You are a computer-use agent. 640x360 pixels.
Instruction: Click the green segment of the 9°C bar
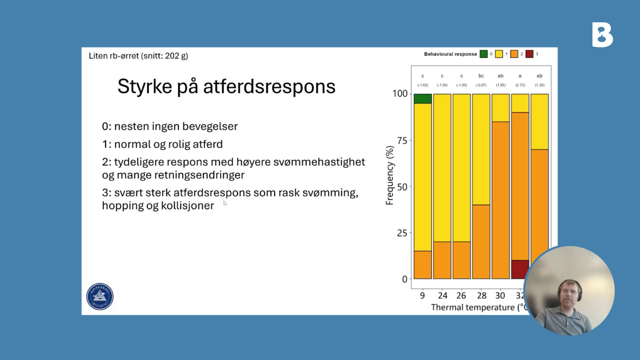pyautogui.click(x=423, y=99)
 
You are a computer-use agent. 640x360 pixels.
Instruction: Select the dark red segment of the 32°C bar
pyautogui.click(x=520, y=269)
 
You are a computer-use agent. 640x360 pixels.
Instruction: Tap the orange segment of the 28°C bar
pyautogui.click(x=481, y=242)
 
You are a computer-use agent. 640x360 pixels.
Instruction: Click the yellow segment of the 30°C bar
pyautogui.click(x=501, y=108)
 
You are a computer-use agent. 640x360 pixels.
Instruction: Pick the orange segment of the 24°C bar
pyautogui.click(x=442, y=260)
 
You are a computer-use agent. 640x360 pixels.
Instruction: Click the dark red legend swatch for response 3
pyautogui.click(x=529, y=54)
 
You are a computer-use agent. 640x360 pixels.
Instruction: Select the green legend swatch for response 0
pyautogui.click(x=483, y=54)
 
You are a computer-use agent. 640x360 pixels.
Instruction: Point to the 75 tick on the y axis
pyautogui.click(x=402, y=141)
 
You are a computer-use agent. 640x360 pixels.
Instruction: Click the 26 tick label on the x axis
pyautogui.click(x=461, y=296)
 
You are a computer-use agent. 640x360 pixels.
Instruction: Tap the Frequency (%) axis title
pyautogui.click(x=390, y=175)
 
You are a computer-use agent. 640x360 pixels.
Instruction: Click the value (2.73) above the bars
pyautogui.click(x=520, y=85)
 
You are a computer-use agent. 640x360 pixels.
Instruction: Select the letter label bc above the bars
pyautogui.click(x=481, y=76)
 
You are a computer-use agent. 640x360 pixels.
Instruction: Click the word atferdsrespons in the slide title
pyautogui.click(x=269, y=87)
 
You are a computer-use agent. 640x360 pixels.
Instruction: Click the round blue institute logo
pyautogui.click(x=100, y=296)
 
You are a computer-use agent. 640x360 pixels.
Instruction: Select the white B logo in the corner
pyautogui.click(x=602, y=35)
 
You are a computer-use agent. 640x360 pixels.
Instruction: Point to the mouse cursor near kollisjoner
pyautogui.click(x=225, y=203)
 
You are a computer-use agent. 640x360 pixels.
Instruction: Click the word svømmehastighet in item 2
pyautogui.click(x=319, y=162)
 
